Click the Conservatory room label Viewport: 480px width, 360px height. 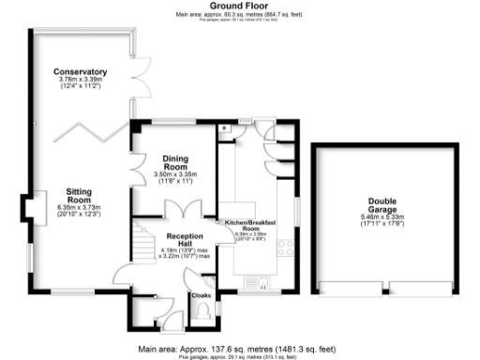pos(80,72)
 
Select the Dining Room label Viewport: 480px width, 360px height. pos(176,161)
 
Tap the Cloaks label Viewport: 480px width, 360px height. pos(202,295)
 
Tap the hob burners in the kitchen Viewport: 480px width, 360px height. pos(285,248)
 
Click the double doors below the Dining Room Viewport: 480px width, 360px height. pos(192,209)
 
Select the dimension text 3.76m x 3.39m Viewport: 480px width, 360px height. pos(80,81)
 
